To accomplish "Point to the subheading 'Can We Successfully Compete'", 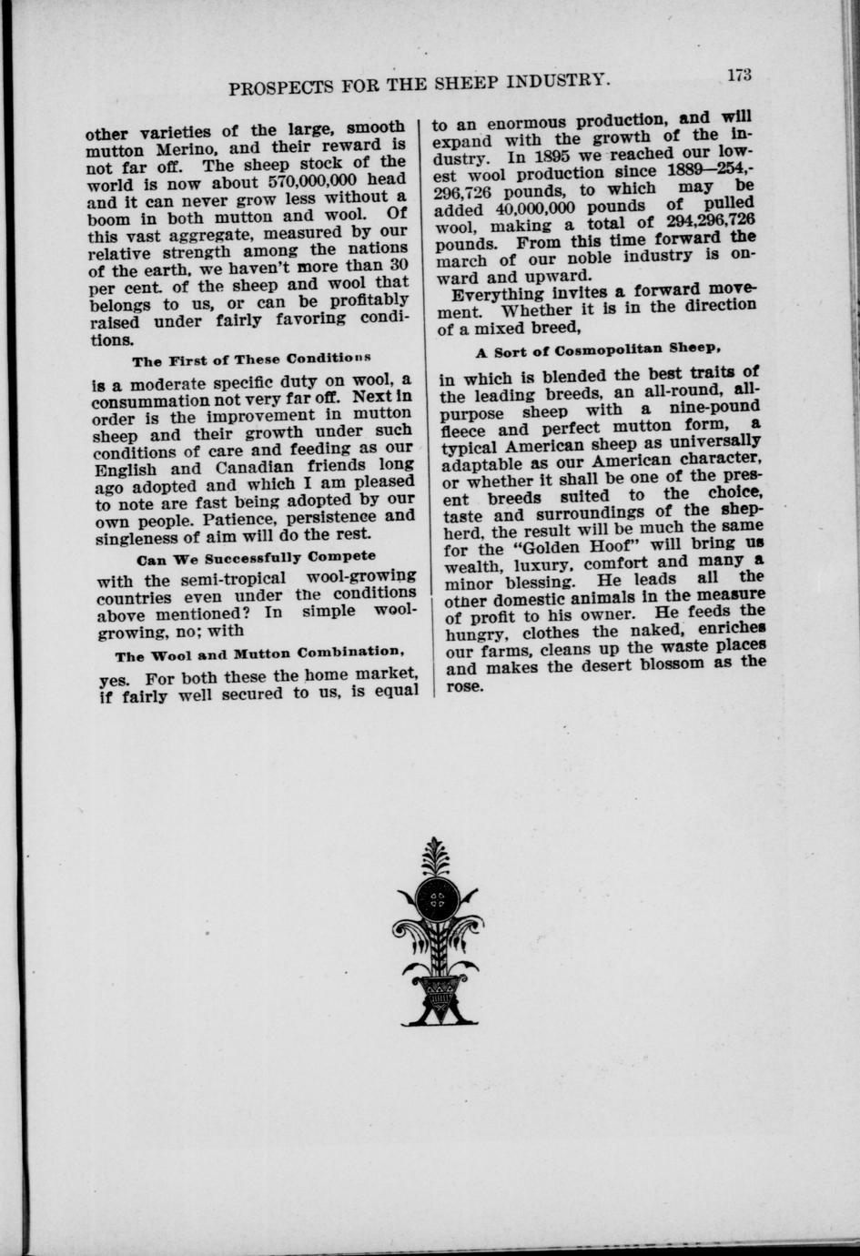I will (x=255, y=556).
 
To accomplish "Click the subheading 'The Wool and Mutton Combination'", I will (x=258, y=654).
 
